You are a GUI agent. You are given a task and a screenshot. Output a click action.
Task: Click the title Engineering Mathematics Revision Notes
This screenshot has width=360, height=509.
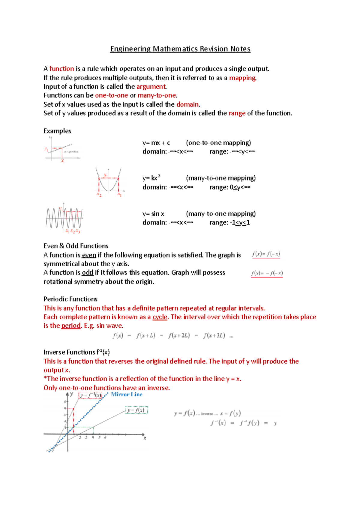tap(180, 49)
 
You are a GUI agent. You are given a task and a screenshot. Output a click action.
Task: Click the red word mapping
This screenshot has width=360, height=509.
tap(242, 78)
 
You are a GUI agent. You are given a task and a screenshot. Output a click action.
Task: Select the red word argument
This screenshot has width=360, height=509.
tap(151, 87)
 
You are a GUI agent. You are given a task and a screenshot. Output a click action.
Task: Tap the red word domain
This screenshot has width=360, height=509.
tap(187, 104)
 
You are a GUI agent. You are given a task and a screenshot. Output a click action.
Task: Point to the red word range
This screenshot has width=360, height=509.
tap(237, 113)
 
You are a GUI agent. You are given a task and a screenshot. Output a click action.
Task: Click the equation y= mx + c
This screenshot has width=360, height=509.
tap(156, 143)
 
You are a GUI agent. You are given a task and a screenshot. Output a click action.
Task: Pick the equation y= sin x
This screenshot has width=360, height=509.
tap(153, 214)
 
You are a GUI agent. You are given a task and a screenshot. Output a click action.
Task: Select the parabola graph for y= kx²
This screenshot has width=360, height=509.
tap(109, 182)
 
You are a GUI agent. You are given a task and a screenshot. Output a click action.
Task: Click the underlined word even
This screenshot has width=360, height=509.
tap(89, 255)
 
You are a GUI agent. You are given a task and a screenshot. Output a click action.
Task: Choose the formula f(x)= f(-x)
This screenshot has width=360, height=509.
tap(266, 254)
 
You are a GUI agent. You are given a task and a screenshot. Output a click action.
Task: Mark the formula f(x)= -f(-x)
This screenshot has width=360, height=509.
tap(267, 273)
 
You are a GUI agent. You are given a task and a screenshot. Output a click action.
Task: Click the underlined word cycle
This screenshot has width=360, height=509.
tap(160, 317)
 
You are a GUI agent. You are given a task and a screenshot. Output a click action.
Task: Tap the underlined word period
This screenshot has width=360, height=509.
tap(71, 326)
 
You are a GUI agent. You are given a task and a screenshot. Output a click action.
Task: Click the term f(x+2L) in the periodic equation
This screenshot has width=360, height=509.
tap(179, 335)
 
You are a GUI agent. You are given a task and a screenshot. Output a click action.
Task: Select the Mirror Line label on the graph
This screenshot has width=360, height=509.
tap(127, 394)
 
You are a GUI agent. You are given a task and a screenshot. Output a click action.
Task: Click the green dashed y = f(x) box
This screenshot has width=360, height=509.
tap(136, 410)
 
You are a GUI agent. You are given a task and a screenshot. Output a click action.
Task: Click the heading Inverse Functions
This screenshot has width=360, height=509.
tap(76, 352)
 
